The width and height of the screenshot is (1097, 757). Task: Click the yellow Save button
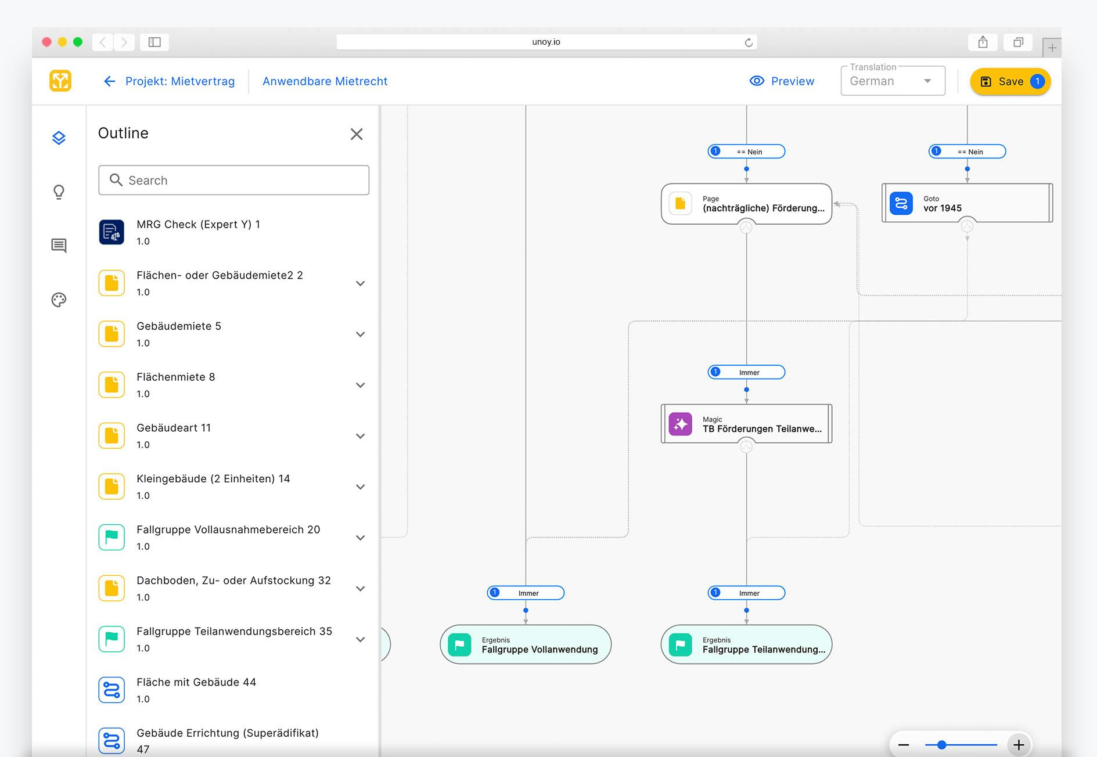(x=1009, y=82)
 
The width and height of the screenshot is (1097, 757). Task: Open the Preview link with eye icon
(x=782, y=81)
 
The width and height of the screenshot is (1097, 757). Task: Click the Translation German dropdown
(x=892, y=81)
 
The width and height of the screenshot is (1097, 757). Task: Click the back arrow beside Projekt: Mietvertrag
(x=109, y=81)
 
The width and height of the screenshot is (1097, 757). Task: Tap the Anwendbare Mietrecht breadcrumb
(x=325, y=81)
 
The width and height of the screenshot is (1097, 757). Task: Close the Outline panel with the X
(x=357, y=134)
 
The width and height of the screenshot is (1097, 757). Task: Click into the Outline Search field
(x=233, y=181)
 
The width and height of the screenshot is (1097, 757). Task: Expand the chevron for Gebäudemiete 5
(x=360, y=334)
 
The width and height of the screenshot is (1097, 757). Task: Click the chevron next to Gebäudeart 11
(x=360, y=436)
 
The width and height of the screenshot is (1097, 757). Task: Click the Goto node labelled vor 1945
(x=966, y=203)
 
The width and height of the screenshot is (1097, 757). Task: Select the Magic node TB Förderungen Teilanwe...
(x=746, y=424)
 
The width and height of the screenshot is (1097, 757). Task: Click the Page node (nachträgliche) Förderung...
(x=746, y=204)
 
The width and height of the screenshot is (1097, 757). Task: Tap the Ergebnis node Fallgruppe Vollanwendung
(x=526, y=645)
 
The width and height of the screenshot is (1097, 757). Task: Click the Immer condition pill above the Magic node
(x=747, y=373)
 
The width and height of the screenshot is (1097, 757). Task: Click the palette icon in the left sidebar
(x=59, y=300)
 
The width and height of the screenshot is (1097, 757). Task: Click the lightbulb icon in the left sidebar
(x=59, y=192)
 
